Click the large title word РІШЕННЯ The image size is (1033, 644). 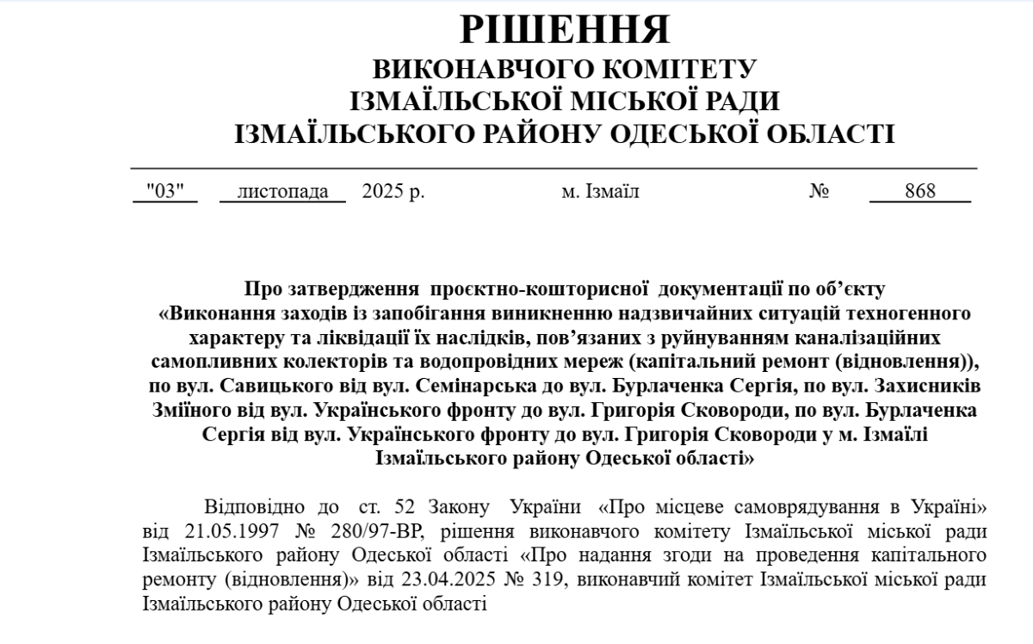(x=565, y=31)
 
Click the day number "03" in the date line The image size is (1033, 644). (x=165, y=191)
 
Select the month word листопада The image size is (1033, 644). (x=282, y=191)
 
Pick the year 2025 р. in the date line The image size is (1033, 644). (x=393, y=191)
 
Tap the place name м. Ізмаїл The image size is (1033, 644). (x=600, y=191)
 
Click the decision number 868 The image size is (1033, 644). (x=919, y=191)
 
